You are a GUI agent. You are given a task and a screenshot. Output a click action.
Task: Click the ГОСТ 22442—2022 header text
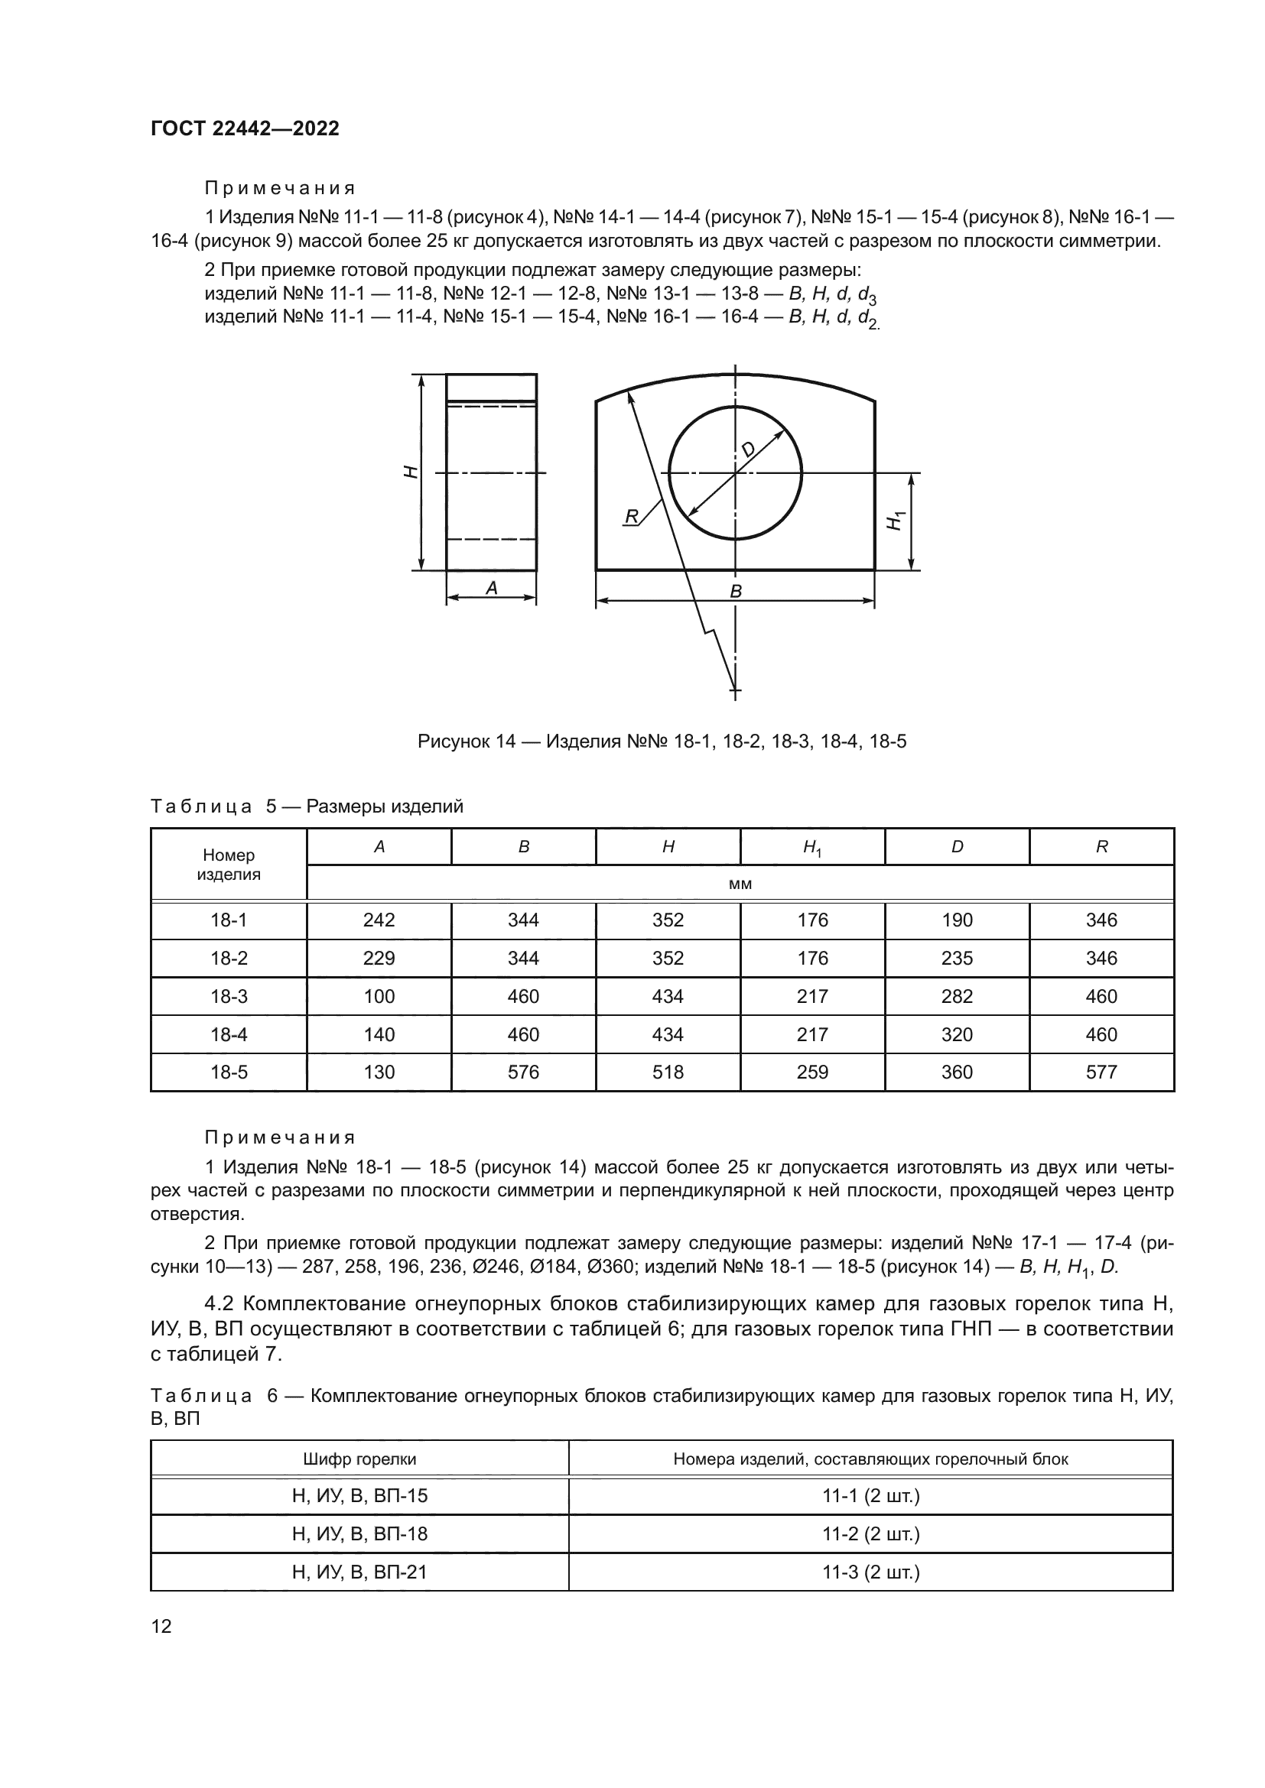tap(245, 128)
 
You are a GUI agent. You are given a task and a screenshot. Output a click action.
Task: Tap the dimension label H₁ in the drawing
tap(896, 521)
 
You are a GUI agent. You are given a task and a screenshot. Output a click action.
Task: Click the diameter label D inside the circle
tap(748, 449)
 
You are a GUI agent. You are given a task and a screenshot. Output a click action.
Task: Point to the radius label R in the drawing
tap(632, 515)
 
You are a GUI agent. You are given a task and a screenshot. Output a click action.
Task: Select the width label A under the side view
tap(492, 589)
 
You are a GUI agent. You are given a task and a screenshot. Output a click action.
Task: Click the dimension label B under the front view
tap(735, 591)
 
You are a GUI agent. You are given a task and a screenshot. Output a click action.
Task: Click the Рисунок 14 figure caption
tap(662, 741)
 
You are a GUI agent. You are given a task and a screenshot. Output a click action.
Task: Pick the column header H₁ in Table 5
tap(812, 847)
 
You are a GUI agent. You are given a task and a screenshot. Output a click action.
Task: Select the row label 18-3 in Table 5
tap(228, 996)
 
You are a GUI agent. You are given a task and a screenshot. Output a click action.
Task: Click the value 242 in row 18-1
tap(379, 920)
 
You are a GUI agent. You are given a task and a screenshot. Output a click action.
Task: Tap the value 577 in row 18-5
tap(1101, 1072)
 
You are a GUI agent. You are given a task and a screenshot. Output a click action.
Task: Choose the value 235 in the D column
tap(957, 958)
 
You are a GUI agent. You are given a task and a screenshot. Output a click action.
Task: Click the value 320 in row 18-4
tap(957, 1034)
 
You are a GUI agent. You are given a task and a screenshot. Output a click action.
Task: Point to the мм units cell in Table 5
tap(740, 884)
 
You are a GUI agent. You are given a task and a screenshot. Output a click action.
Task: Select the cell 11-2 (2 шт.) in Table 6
tap(871, 1535)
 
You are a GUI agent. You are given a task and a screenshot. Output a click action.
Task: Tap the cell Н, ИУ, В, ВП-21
tap(359, 1572)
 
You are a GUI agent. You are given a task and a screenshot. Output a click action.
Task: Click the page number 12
tap(161, 1626)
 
